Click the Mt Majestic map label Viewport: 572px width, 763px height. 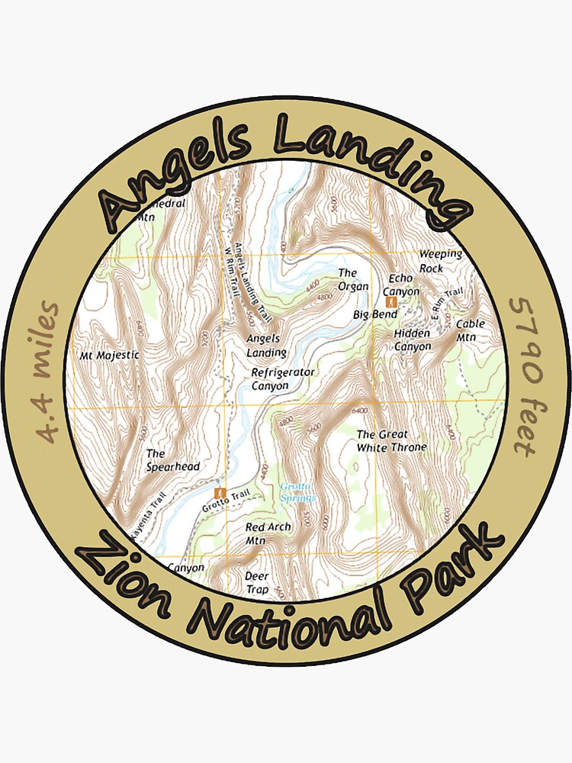point(110,355)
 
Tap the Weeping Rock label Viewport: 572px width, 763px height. point(440,261)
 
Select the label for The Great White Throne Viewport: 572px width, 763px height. point(391,441)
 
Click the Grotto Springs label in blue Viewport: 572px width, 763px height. point(297,492)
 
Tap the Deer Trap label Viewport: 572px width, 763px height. point(257,583)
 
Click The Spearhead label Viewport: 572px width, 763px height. point(162,460)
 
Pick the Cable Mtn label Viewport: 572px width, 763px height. point(471,330)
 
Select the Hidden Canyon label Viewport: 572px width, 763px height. point(413,340)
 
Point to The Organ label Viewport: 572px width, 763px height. point(353,280)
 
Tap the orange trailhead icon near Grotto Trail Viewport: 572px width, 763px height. point(221,493)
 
